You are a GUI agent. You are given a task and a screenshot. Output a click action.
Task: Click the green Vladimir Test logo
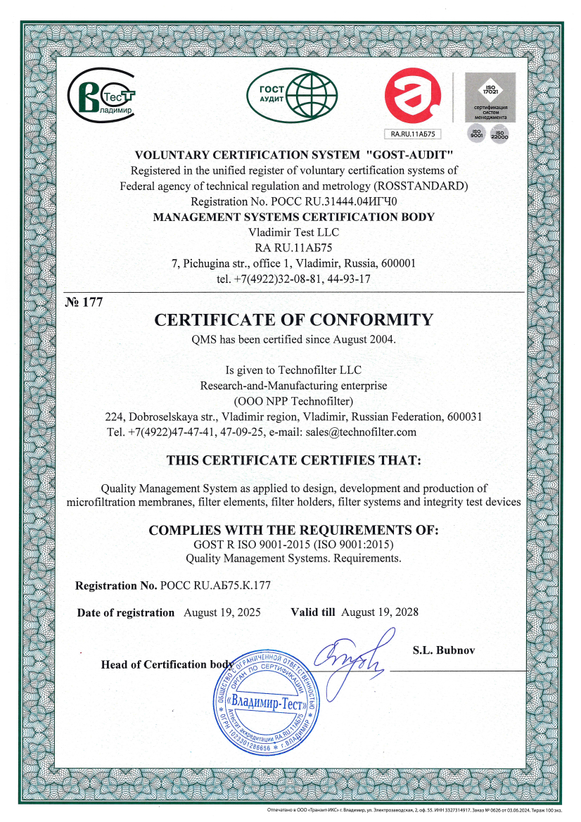coord(100,99)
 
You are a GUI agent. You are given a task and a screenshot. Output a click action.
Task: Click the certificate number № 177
coord(84,303)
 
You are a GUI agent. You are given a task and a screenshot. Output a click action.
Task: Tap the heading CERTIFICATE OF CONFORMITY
coord(294,320)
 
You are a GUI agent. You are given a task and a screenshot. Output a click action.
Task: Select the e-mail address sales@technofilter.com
coord(362,431)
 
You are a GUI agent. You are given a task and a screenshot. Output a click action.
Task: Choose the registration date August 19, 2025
coord(222,612)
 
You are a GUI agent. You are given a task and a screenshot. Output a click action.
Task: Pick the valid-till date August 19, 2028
coord(379,612)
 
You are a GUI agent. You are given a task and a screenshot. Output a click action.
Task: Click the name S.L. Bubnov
coord(443,650)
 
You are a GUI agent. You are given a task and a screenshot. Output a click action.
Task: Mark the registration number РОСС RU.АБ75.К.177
coord(215,586)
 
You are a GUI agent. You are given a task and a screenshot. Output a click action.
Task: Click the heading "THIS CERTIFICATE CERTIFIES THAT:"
coord(293,461)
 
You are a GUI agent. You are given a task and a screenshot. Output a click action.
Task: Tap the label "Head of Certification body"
coord(167,664)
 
